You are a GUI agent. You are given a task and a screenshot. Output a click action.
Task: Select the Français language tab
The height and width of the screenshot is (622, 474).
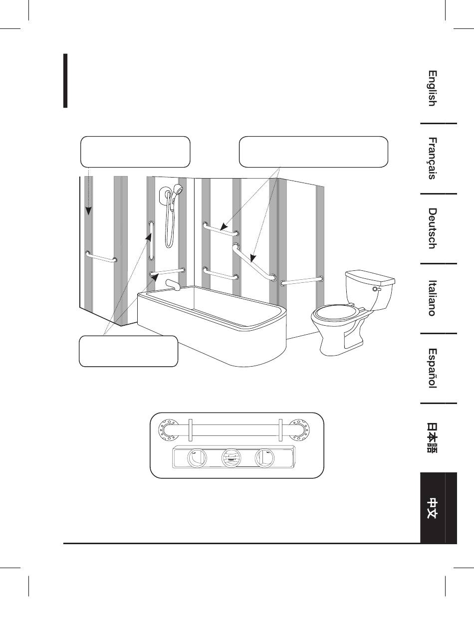click(432, 158)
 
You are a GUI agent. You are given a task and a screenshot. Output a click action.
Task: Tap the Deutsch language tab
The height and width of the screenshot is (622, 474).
click(432, 228)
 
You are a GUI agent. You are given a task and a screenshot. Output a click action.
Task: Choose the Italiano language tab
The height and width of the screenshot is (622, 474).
click(432, 297)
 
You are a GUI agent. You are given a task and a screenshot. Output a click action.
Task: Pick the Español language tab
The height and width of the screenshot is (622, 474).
click(432, 368)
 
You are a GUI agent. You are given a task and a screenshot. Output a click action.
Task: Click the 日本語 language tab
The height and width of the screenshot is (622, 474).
click(432, 438)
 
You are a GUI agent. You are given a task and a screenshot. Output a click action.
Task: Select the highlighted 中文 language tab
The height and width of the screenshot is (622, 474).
click(432, 508)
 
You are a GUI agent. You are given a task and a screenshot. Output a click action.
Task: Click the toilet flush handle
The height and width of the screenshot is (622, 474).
click(376, 288)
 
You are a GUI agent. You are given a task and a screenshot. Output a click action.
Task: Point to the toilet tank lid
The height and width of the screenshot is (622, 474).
click(370, 276)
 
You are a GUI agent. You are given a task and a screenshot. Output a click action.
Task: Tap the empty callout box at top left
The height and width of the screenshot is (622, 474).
click(135, 151)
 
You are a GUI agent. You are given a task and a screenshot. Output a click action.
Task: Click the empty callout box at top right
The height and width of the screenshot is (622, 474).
click(313, 151)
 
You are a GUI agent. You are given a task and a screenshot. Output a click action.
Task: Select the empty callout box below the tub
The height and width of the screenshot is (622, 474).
click(129, 351)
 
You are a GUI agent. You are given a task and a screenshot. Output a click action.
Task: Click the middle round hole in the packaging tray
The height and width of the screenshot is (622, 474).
click(230, 457)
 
